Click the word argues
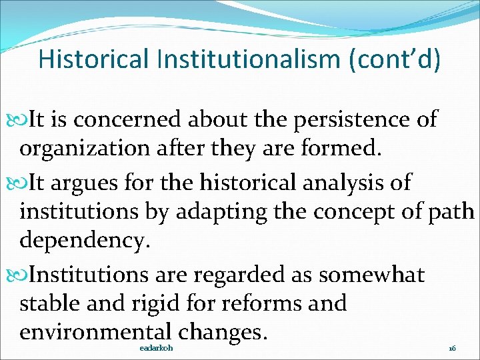coord(99,182)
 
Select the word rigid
coord(144,304)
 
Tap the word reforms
coord(261,304)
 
